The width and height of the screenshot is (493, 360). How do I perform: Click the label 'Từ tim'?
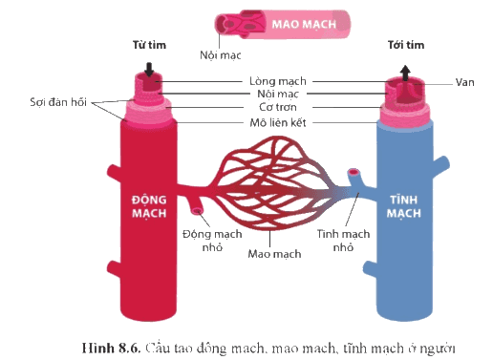tap(149, 45)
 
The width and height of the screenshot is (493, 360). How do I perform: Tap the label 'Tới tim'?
tap(406, 45)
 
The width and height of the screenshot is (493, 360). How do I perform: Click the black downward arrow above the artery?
tap(149, 70)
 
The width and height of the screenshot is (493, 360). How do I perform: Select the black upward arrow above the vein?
tap(405, 73)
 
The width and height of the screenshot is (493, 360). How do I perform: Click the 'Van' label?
tap(464, 82)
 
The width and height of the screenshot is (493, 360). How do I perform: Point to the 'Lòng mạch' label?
tap(278, 81)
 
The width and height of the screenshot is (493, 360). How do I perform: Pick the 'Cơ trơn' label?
tap(278, 107)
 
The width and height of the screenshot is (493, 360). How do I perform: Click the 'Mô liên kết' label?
tap(278, 122)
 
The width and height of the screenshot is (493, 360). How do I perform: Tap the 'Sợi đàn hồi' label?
tap(58, 102)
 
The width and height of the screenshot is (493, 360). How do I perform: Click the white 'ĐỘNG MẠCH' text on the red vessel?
tap(149, 206)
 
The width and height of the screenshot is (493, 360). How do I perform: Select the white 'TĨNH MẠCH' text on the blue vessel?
tap(404, 206)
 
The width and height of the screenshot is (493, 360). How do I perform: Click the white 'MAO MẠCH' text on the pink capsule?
tap(304, 24)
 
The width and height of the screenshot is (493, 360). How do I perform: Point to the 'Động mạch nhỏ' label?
tap(212, 241)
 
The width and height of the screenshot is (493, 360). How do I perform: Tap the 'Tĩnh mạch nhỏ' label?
tap(343, 241)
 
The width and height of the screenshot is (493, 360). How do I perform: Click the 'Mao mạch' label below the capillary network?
tap(274, 254)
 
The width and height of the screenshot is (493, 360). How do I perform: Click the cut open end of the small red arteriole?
tap(198, 210)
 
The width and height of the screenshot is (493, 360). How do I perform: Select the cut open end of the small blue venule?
tap(354, 172)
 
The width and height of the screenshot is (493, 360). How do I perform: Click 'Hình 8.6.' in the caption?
tap(111, 348)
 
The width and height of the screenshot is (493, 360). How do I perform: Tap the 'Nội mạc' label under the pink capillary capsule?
tap(221, 55)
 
